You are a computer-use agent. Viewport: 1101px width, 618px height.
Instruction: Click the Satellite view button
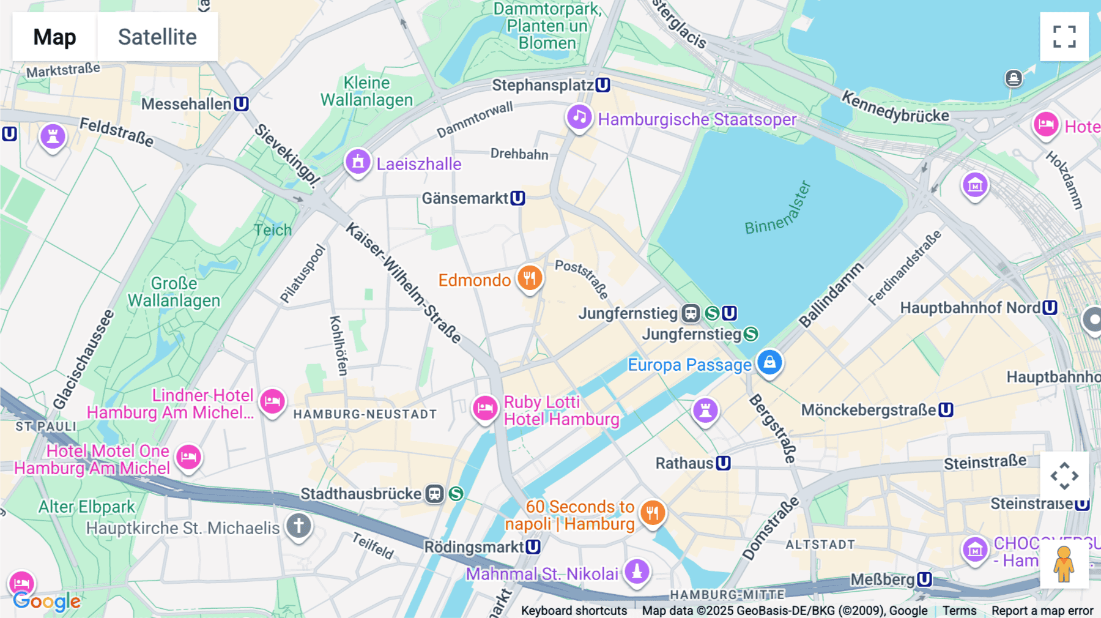[x=157, y=37]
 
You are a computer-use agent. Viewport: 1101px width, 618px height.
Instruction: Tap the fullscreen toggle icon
[x=1064, y=37]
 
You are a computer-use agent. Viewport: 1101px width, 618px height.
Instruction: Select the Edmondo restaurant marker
[x=530, y=278]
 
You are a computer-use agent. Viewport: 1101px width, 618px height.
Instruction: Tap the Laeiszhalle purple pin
[x=358, y=162]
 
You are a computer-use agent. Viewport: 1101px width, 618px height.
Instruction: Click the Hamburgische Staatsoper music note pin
[x=579, y=117]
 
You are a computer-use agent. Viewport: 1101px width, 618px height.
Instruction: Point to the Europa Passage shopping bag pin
[x=769, y=362]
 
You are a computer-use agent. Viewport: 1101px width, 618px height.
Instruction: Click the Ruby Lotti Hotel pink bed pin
[x=485, y=408]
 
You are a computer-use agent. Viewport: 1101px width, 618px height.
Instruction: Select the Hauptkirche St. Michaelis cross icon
[x=298, y=526]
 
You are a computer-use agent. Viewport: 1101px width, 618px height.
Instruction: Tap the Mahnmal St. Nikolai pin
[x=637, y=571]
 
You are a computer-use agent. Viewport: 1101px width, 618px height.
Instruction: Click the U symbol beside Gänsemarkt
[x=518, y=198]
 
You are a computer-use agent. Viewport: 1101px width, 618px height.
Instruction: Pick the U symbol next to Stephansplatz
[x=603, y=85]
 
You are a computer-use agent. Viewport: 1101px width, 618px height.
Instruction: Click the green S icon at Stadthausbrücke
[x=456, y=493]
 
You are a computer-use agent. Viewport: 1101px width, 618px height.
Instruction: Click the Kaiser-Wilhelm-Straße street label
[x=403, y=282]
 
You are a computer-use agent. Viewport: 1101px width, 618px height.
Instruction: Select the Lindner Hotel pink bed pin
[x=272, y=401]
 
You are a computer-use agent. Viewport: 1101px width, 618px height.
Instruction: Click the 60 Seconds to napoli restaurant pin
[x=652, y=513]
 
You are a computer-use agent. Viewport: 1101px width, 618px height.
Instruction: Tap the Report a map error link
[x=1042, y=611]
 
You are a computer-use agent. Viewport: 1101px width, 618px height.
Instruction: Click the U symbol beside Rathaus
[x=724, y=463]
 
